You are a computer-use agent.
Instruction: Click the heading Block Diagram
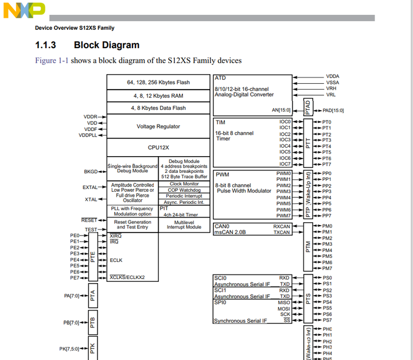(x=106, y=45)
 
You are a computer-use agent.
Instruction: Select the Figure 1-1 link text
(x=52, y=60)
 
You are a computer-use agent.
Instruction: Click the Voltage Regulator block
(x=158, y=126)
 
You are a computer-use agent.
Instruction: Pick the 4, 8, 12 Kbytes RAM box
(x=158, y=96)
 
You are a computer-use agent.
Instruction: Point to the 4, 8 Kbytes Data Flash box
(x=158, y=108)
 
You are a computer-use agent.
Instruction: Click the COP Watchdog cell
(x=185, y=190)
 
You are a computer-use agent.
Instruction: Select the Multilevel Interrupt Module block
(x=185, y=224)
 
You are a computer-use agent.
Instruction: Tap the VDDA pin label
(x=333, y=76)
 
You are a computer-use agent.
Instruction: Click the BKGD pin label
(x=91, y=172)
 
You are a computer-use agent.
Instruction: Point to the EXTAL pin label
(x=90, y=187)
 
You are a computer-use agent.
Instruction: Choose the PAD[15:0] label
(x=335, y=110)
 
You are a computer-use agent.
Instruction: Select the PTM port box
(x=307, y=247)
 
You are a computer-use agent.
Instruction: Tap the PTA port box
(x=93, y=296)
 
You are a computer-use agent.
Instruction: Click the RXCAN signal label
(x=282, y=226)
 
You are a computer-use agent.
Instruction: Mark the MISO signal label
(x=284, y=303)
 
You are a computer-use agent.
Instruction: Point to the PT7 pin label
(x=326, y=164)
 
